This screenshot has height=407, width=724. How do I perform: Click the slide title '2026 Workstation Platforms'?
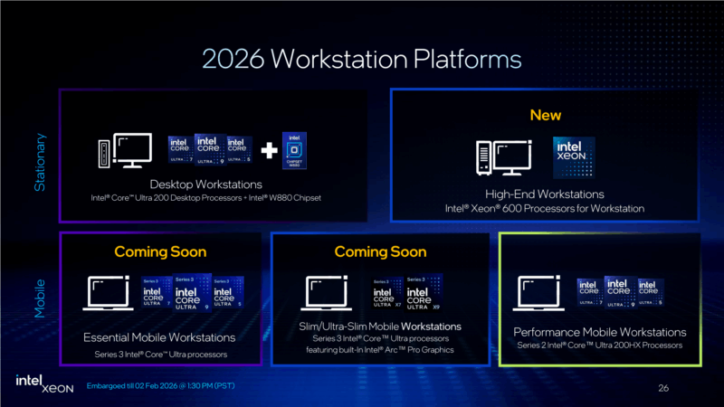(362, 60)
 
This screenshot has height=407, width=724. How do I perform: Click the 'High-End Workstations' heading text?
(545, 194)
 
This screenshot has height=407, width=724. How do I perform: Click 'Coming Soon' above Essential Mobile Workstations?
(160, 251)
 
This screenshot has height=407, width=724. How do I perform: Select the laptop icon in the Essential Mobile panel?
(108, 294)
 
